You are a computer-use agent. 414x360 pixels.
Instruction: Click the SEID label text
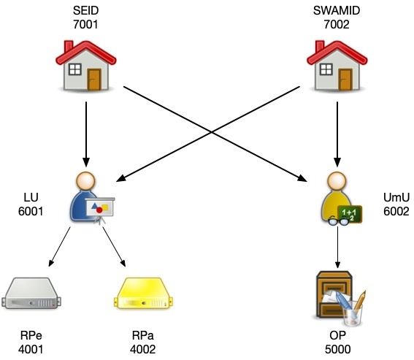coord(86,10)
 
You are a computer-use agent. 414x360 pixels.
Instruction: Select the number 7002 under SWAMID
coord(337,25)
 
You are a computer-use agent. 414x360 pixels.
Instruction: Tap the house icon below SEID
coord(86,66)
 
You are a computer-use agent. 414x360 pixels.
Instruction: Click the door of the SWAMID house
coord(345,80)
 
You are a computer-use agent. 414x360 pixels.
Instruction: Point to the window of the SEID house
coord(75,69)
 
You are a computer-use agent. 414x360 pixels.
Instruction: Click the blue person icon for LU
coord(86,196)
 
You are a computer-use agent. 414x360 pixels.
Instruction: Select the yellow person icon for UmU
coord(337,196)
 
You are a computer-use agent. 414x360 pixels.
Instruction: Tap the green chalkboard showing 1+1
coord(350,214)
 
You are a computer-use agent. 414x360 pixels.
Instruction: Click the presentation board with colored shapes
coord(100,207)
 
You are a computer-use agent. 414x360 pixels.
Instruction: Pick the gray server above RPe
coord(31,293)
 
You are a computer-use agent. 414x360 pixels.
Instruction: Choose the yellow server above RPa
coord(143,293)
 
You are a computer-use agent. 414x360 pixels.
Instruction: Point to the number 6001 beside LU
coord(31,211)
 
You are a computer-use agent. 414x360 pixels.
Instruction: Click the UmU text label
coord(396,197)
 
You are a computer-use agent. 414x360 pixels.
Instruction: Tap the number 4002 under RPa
coord(143,350)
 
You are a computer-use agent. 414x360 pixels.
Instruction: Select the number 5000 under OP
coord(337,350)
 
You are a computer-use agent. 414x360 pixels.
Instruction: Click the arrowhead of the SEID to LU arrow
coord(86,162)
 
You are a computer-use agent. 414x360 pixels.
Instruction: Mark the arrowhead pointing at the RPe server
coord(51,263)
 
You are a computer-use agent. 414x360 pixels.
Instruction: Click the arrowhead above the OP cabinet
coord(337,265)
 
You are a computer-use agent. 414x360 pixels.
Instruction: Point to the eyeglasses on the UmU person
coord(339,221)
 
